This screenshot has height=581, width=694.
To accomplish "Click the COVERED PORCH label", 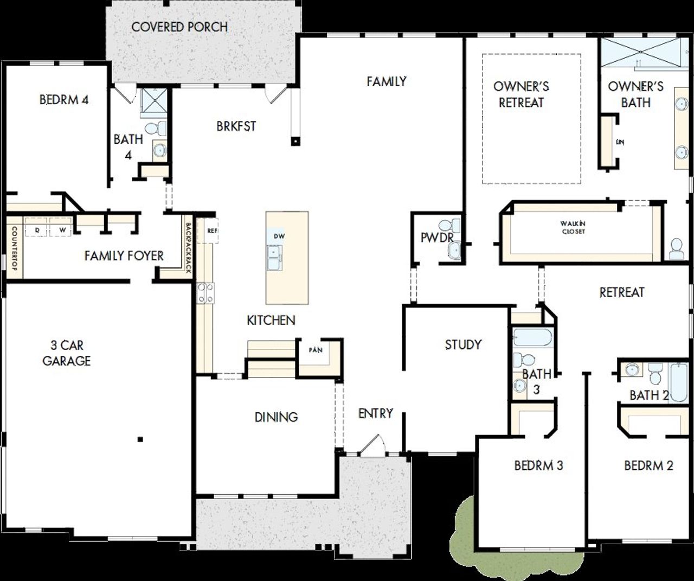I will tap(179, 27).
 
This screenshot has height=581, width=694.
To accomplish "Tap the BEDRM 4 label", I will tap(64, 100).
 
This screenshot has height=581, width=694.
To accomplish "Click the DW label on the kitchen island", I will tap(279, 236).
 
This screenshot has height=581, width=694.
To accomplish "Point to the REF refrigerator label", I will tap(212, 231).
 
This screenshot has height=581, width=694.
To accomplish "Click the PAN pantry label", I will tap(316, 350).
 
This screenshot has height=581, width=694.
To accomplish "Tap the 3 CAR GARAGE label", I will tap(67, 353).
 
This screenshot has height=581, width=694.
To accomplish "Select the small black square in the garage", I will tap(140, 439).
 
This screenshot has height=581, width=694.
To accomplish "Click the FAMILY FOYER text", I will tap(124, 256).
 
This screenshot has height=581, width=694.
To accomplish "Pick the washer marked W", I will tap(62, 230).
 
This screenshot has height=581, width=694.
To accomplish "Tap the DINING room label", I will tap(276, 417).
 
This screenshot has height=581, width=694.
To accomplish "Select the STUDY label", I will tap(463, 344).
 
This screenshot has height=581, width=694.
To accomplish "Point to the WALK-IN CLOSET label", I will tap(573, 227).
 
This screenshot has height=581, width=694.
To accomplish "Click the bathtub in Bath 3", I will tap(532, 337).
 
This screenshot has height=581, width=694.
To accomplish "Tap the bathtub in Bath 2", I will tap(678, 382).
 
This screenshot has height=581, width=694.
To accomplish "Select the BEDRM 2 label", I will tap(648, 465).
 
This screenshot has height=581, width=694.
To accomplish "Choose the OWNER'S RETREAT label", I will tap(521, 94).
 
